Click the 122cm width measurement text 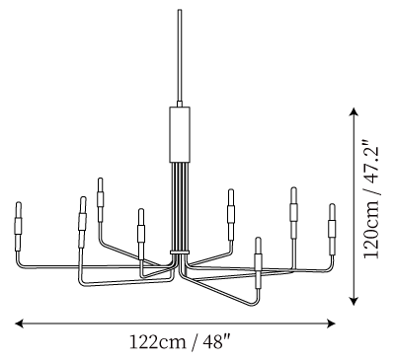(158, 342)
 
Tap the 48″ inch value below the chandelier (216, 342)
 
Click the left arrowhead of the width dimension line (19, 324)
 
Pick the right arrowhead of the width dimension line (331, 324)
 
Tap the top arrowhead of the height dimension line (354, 111)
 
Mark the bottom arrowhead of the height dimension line (354, 301)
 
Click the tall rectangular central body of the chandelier (180, 134)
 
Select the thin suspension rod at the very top (180, 56)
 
